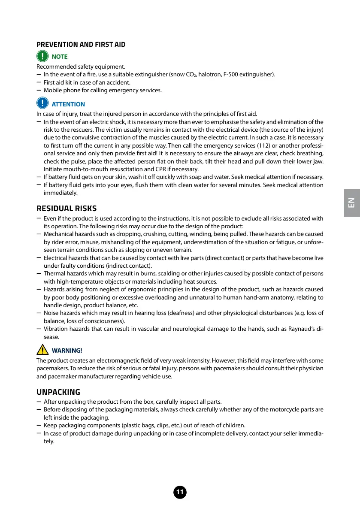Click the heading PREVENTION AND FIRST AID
[81, 45]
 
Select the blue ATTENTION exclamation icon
[42, 103]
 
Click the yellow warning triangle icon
[42, 350]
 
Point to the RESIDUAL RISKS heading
[67, 209]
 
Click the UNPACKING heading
[58, 392]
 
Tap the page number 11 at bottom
[180, 493]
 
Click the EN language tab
[351, 203]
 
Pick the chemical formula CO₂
[190, 75]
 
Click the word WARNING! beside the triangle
[67, 351]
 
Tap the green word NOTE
[59, 57]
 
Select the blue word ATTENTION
[68, 104]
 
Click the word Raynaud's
[302, 329]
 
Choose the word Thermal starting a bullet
[54, 273]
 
